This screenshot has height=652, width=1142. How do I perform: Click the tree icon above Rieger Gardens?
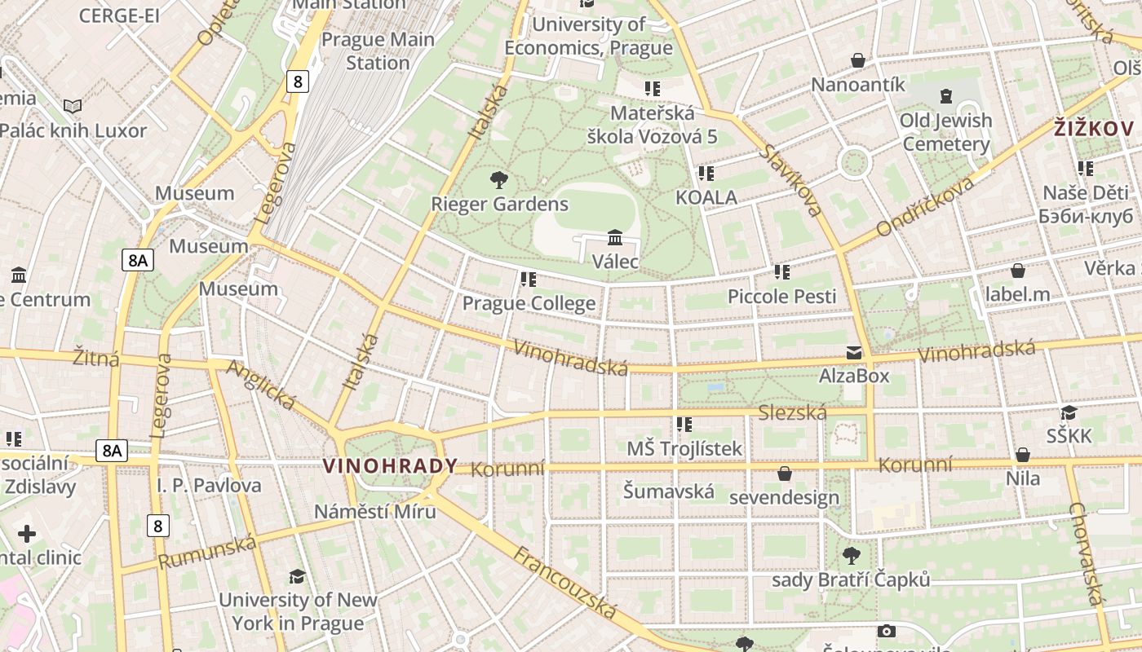coord(498,179)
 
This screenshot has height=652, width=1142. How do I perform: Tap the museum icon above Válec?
coord(615,238)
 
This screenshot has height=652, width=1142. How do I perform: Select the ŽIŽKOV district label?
coord(1093,129)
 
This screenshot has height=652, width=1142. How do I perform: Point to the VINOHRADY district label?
coord(390,466)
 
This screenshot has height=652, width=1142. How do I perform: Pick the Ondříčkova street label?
coord(925,206)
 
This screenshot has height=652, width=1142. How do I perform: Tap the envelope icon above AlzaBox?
coord(853,353)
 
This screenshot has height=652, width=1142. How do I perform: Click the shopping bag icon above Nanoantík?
coord(858,60)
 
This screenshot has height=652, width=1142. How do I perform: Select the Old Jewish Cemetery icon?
coord(945,96)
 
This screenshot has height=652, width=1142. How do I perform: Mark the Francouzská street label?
coord(564,582)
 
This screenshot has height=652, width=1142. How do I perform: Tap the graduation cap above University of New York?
coord(297,576)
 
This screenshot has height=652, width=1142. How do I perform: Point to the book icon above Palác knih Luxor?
coord(73,106)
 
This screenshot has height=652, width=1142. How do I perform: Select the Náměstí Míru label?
coord(375,512)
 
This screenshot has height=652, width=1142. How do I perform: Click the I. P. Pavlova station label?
coord(209,486)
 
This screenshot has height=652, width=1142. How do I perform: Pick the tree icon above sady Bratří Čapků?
coord(851,556)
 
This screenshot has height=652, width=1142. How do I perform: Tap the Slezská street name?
coord(792,412)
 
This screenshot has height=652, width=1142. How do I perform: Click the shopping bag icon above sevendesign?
coord(785,474)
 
